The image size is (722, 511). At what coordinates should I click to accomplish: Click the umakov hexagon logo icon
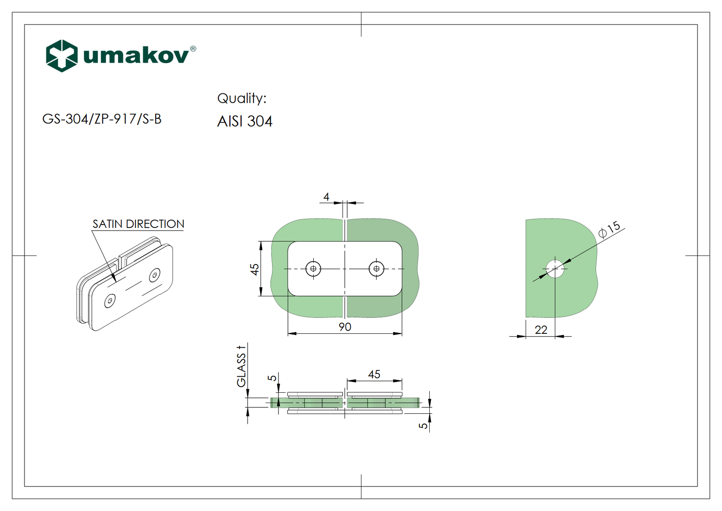(62, 56)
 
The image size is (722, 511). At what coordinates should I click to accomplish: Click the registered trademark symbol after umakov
(193, 49)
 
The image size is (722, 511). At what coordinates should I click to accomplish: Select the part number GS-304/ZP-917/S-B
(102, 119)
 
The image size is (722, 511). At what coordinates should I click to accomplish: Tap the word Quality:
(242, 99)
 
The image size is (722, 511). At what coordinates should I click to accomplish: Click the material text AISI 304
(245, 121)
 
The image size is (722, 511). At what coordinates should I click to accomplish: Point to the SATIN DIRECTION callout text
(138, 224)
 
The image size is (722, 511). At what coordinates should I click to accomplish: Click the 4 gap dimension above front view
(326, 197)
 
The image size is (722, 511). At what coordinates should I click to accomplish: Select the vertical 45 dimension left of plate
(254, 269)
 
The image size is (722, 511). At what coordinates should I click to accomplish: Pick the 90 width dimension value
(345, 327)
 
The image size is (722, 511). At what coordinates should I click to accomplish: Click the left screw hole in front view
(313, 269)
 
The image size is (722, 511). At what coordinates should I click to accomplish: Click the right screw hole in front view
(376, 269)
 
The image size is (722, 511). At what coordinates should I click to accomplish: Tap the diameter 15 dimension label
(609, 230)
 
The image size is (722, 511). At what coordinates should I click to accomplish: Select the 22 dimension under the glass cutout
(541, 330)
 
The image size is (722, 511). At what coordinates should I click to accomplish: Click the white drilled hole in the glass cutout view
(555, 269)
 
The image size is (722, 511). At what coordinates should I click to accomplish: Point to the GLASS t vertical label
(242, 366)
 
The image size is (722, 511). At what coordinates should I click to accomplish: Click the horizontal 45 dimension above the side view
(374, 374)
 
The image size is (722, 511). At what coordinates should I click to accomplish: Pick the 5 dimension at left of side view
(272, 378)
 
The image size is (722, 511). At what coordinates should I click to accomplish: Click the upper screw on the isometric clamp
(155, 275)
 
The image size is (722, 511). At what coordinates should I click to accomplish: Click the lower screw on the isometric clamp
(110, 301)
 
